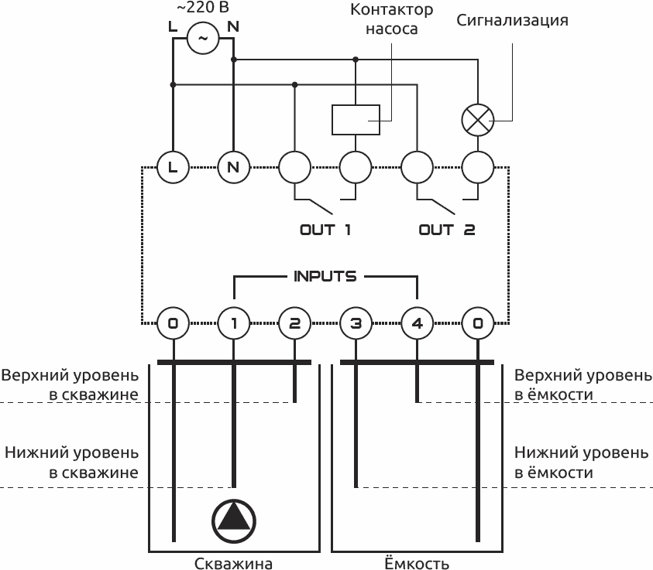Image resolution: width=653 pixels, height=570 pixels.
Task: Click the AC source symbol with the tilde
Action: click(x=203, y=37)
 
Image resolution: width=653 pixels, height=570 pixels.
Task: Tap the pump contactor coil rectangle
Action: click(x=356, y=119)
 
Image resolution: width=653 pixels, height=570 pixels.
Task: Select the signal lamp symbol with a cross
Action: click(x=477, y=119)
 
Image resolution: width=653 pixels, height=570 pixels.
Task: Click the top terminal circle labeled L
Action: click(x=173, y=166)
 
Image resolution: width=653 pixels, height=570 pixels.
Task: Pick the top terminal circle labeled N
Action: click(x=233, y=166)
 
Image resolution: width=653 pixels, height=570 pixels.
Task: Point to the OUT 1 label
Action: click(x=325, y=230)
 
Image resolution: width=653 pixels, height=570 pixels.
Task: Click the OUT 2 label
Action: click(x=446, y=230)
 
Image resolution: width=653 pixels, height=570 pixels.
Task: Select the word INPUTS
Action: click(x=325, y=276)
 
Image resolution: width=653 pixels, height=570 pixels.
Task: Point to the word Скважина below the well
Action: click(x=233, y=562)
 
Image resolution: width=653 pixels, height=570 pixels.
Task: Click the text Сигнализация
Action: click(x=512, y=20)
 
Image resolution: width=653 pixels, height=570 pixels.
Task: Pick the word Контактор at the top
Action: click(x=392, y=10)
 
